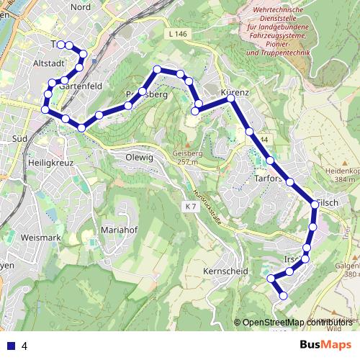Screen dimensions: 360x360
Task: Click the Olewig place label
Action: click(140, 157)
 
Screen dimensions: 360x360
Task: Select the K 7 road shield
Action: click(190, 207)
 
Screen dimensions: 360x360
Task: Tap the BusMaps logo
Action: click(325, 345)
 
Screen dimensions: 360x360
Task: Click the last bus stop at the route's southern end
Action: click(283, 295)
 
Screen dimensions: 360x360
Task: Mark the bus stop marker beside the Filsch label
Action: click(315, 205)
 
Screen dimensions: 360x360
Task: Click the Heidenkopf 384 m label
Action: click(341, 174)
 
